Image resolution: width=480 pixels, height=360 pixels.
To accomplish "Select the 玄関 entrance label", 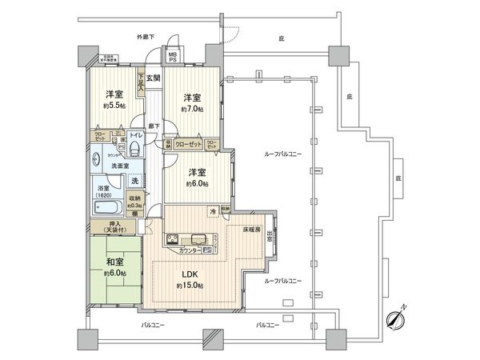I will (155, 78).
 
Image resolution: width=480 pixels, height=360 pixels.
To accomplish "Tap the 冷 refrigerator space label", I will (212, 211).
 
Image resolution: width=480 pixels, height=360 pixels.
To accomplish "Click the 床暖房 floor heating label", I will (254, 229).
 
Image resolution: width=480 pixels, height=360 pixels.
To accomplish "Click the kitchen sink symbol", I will (198, 238).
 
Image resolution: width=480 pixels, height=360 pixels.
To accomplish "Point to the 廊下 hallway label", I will (154, 126).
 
